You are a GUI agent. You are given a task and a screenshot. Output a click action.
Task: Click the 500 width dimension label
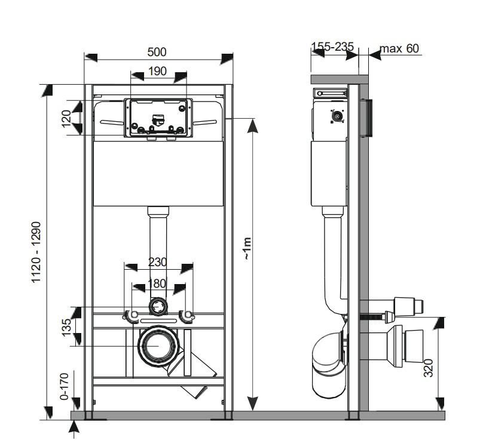[157, 52]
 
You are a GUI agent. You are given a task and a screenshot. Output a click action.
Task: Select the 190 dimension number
[157, 72]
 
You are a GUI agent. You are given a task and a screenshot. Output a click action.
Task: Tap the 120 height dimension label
[66, 116]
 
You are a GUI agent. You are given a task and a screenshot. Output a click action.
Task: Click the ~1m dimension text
[246, 248]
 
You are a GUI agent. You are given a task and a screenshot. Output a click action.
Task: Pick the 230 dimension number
[158, 261]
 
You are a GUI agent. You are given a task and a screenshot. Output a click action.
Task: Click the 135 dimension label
[66, 326]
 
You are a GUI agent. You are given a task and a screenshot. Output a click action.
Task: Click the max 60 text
[399, 48]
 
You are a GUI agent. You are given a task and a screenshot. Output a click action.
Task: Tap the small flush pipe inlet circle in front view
[158, 306]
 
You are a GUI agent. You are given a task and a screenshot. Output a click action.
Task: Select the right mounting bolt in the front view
[187, 315]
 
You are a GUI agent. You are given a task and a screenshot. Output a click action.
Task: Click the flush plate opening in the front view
[158, 116]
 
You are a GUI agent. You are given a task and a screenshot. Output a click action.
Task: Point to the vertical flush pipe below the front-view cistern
[158, 251]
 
